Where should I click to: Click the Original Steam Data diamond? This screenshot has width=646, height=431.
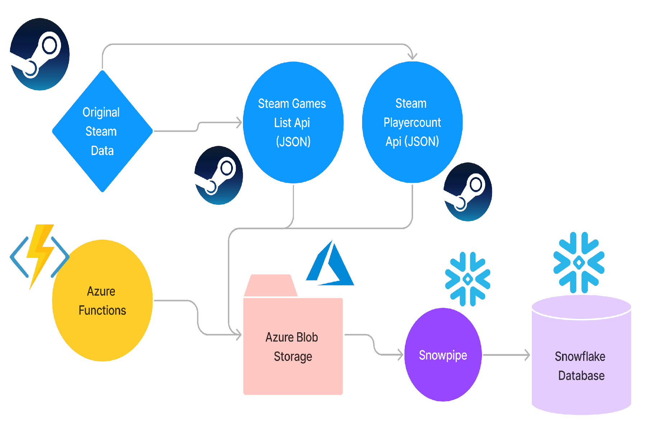click(x=102, y=131)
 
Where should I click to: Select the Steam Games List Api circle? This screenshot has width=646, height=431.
click(x=293, y=122)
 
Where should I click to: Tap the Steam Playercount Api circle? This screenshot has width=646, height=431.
click(x=412, y=122)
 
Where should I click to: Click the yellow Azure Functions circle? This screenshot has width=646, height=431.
click(x=102, y=300)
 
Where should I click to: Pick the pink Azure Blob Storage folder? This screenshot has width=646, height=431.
click(x=293, y=345)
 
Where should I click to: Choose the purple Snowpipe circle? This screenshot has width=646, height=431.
click(x=443, y=354)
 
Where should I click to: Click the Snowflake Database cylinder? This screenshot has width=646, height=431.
click(x=581, y=359)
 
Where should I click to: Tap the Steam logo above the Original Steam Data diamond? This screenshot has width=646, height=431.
click(x=39, y=54)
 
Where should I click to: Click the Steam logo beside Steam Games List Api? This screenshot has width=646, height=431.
click(x=218, y=175)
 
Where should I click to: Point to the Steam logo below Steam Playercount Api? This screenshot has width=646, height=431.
click(x=467, y=192)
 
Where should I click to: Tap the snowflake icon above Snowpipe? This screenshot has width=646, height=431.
click(x=467, y=279)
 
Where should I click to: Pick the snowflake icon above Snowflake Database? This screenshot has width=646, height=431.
click(x=579, y=263)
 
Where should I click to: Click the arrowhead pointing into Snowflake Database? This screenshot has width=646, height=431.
click(x=527, y=355)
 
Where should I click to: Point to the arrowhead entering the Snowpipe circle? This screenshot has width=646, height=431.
click(x=400, y=355)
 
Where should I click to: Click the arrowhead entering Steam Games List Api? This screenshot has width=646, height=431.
click(x=239, y=122)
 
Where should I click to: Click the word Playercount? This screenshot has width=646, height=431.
click(x=412, y=122)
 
